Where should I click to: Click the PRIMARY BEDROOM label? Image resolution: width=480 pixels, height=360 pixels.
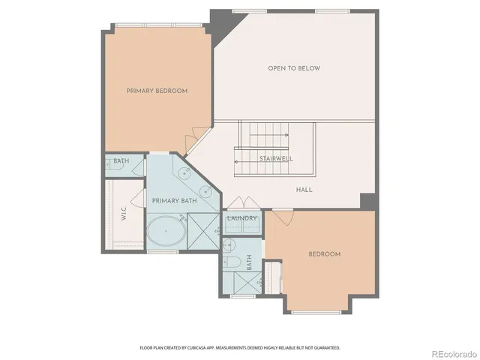[x=157, y=91]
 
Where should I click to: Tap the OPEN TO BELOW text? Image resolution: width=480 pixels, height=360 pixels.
[x=294, y=68]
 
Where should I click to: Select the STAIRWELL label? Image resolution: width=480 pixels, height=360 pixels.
[x=276, y=159]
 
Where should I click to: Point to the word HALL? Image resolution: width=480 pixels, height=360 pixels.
[x=304, y=190]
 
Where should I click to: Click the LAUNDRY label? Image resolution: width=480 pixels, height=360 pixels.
[x=242, y=218]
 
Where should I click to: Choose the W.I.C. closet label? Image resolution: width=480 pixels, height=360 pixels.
[x=123, y=213]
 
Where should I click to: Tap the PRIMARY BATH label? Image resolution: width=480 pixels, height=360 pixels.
[x=174, y=201]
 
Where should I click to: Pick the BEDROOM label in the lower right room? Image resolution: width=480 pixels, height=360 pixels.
[x=324, y=254]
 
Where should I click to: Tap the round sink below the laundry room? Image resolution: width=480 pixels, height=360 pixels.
[x=229, y=245]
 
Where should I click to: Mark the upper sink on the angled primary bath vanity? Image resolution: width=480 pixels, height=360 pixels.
[x=184, y=174]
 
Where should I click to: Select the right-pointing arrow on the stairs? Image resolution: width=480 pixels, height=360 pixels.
[x=269, y=136]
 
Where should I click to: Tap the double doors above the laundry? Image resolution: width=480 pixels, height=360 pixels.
[x=244, y=204]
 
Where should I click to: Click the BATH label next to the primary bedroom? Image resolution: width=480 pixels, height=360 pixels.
[x=121, y=160]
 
